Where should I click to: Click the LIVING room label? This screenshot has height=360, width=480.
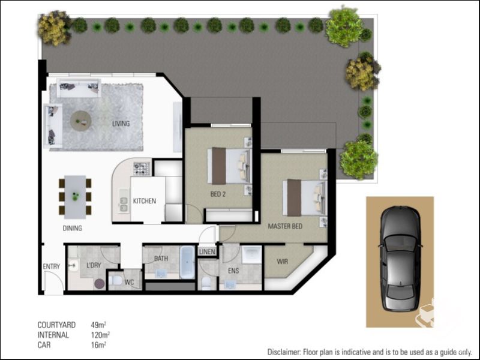121,124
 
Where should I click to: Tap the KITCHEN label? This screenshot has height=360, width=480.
144,201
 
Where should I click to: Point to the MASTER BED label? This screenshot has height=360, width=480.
284,226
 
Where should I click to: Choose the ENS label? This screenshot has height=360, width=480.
233,271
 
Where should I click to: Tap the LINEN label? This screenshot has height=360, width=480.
207,251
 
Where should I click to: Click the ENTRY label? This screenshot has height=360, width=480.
51,267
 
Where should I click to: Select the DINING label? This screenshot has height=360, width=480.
72,229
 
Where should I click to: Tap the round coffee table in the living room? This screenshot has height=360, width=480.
80,121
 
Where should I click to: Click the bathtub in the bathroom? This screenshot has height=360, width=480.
187,262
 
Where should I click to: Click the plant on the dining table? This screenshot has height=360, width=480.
76,196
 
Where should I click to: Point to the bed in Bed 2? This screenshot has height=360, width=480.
230,166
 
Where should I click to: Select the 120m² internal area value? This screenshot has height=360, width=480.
100,335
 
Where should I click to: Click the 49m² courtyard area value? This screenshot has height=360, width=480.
98,325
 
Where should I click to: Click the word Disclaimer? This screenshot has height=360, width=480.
286,352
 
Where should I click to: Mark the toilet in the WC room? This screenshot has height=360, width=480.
115,281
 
